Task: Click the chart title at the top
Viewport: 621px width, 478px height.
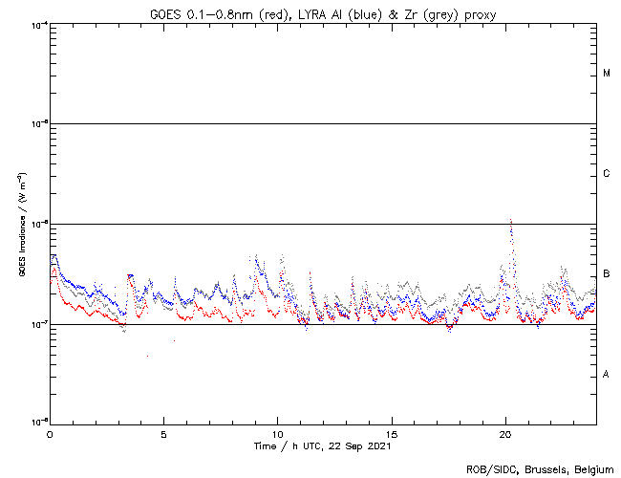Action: point(323,12)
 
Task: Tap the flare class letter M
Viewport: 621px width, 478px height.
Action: point(607,74)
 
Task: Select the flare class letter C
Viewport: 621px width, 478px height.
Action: point(607,174)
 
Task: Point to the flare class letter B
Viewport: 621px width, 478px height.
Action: point(607,274)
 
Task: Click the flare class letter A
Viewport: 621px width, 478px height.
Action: point(607,374)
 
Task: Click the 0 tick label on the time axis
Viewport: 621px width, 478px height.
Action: point(50,434)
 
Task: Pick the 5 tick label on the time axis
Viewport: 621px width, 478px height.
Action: point(163,434)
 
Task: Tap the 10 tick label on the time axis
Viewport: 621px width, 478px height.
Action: point(277,434)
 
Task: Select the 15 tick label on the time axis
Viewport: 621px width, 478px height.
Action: point(392,434)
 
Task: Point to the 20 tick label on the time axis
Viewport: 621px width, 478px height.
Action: point(505,434)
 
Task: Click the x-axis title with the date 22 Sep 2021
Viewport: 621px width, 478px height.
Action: point(323,446)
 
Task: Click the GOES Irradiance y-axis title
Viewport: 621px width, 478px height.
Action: point(21,225)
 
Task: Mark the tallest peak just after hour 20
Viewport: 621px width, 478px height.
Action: point(511,220)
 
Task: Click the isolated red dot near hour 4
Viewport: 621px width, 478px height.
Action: point(147,357)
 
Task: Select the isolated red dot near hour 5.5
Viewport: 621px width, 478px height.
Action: point(175,341)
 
